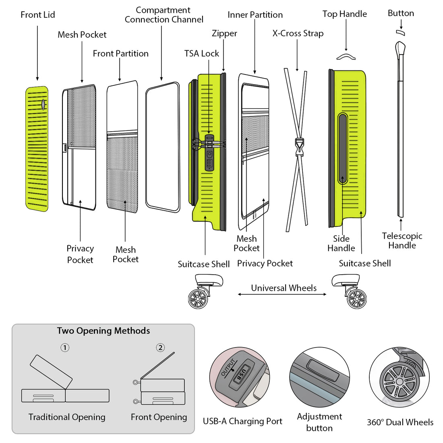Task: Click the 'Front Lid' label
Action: (x=38, y=15)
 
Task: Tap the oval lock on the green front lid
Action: (x=43, y=104)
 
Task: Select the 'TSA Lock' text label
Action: (x=201, y=54)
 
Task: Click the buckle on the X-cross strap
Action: (x=298, y=147)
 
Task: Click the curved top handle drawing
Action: (x=346, y=57)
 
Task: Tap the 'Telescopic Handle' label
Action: (x=402, y=240)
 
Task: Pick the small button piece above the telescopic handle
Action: (x=400, y=33)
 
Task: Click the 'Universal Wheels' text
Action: (x=284, y=288)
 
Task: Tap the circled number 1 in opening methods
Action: (x=65, y=347)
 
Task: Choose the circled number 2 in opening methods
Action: (x=160, y=347)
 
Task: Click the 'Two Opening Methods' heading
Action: (x=104, y=331)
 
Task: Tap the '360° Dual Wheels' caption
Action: (x=400, y=422)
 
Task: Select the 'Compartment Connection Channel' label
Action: (x=164, y=15)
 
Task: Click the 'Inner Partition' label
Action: (x=255, y=15)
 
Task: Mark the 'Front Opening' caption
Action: (x=159, y=417)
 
